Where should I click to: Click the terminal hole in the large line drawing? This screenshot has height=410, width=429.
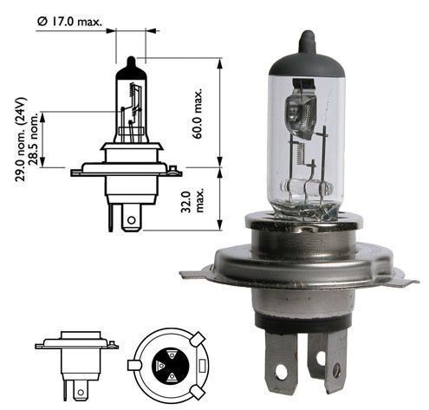[129, 221]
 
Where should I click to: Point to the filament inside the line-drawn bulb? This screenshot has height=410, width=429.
[132, 108]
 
